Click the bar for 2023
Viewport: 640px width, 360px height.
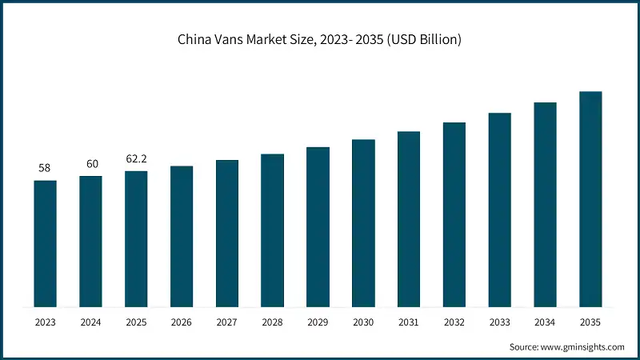click(x=46, y=244)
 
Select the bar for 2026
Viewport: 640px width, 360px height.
click(x=182, y=237)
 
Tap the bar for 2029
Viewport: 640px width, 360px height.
click(x=318, y=227)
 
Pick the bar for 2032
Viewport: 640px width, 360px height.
click(x=454, y=215)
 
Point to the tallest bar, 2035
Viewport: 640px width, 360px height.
click(x=590, y=199)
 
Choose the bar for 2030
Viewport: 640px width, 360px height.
click(x=363, y=223)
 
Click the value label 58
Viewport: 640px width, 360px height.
click(x=45, y=169)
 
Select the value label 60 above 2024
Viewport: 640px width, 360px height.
click(x=92, y=164)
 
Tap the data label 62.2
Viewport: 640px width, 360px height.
click(x=136, y=159)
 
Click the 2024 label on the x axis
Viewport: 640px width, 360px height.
click(x=91, y=322)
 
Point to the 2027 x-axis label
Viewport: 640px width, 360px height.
click(x=227, y=322)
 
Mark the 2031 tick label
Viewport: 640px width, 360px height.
click(x=409, y=322)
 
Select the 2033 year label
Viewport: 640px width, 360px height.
click(x=499, y=322)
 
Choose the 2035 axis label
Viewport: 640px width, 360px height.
click(x=590, y=322)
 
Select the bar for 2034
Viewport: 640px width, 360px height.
click(x=545, y=205)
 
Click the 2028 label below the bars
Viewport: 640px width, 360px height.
click(x=273, y=322)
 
